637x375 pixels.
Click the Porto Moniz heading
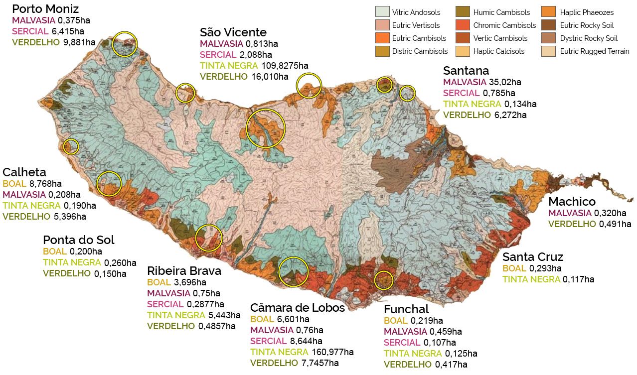pos(45,9)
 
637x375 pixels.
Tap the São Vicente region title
pos(233,32)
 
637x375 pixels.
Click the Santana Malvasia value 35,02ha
pos(504,82)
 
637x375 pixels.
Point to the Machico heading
pos(572,202)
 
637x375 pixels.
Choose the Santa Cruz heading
pos(532,257)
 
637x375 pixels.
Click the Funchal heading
pos(406,309)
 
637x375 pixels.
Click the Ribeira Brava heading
pos(184,271)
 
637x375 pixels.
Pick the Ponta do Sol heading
pos(78,240)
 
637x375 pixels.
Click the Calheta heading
pos(24,172)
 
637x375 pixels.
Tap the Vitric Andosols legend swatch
pos(382,12)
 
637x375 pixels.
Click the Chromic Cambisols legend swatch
pos(463,25)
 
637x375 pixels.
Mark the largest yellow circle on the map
pos(266,128)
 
